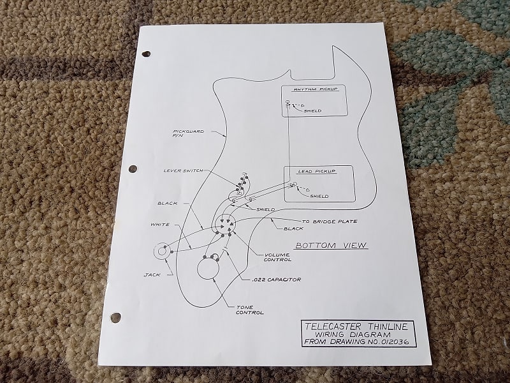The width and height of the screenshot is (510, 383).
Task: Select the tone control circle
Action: tap(208, 268)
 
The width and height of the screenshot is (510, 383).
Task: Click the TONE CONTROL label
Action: tap(249, 310)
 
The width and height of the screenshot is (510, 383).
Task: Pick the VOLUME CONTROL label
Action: tap(277, 257)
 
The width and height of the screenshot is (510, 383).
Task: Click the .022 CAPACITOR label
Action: tap(276, 280)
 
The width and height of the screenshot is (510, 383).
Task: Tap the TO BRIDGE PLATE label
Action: tap(330, 222)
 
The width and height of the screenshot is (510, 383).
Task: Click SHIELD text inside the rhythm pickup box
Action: tap(312, 111)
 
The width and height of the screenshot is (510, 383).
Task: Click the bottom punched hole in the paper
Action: tap(115, 317)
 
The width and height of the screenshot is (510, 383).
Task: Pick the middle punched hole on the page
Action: tap(133, 169)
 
